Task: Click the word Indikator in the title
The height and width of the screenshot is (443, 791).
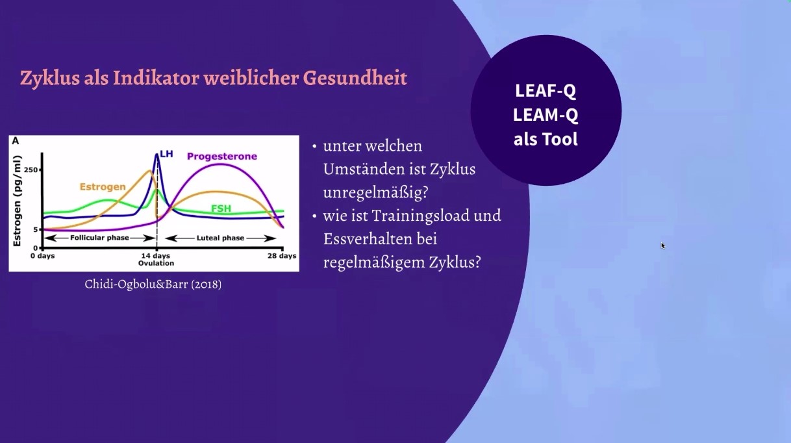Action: tap(156, 78)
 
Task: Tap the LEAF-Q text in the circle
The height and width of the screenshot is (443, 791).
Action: tap(546, 91)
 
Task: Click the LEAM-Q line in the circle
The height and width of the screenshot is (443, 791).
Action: tap(546, 115)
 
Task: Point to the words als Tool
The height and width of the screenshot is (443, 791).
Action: tap(546, 139)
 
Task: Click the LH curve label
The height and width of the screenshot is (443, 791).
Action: tap(166, 154)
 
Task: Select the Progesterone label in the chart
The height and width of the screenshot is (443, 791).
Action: tap(222, 156)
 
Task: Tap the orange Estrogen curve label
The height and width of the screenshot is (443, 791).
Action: tap(103, 186)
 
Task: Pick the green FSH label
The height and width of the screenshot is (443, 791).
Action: tap(221, 209)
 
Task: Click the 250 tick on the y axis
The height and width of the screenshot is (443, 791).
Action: tap(31, 170)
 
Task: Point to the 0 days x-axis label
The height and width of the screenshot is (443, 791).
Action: tap(43, 256)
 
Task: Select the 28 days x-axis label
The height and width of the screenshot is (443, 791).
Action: tap(282, 256)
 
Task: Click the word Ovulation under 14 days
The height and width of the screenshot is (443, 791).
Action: tap(156, 263)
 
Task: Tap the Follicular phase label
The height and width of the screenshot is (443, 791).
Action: tap(99, 238)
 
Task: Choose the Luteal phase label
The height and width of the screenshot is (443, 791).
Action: tap(220, 238)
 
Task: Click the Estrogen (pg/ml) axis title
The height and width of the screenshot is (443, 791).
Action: tap(17, 201)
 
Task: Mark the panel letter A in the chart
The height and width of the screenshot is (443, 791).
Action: tap(16, 141)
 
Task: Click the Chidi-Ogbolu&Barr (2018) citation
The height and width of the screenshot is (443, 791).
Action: tap(153, 284)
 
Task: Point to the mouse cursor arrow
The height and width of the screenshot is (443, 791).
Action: tap(663, 246)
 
